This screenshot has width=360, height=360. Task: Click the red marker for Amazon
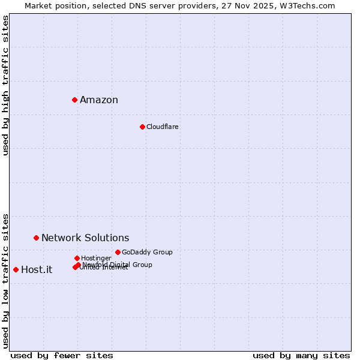pos(74,100)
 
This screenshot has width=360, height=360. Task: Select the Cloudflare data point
pos(142,127)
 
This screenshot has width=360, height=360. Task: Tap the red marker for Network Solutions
pos(36,238)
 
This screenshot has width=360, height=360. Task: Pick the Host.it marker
pos(16,269)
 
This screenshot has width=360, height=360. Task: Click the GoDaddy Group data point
pos(118,252)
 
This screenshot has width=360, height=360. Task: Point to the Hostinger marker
pos(77,258)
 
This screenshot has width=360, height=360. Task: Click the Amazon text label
pos(99,100)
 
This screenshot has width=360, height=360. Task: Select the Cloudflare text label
pos(162,127)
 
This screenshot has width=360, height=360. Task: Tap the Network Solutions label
pos(85,238)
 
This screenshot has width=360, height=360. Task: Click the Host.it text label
pos(37,270)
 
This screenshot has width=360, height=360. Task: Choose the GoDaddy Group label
pos(147,252)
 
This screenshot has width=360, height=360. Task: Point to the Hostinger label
pos(96,258)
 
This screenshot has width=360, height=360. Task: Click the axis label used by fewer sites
pos(62,356)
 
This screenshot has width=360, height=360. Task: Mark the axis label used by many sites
pos(301,356)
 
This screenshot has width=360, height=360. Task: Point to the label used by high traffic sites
pos(6,85)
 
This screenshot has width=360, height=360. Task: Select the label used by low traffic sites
pos(6,280)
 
